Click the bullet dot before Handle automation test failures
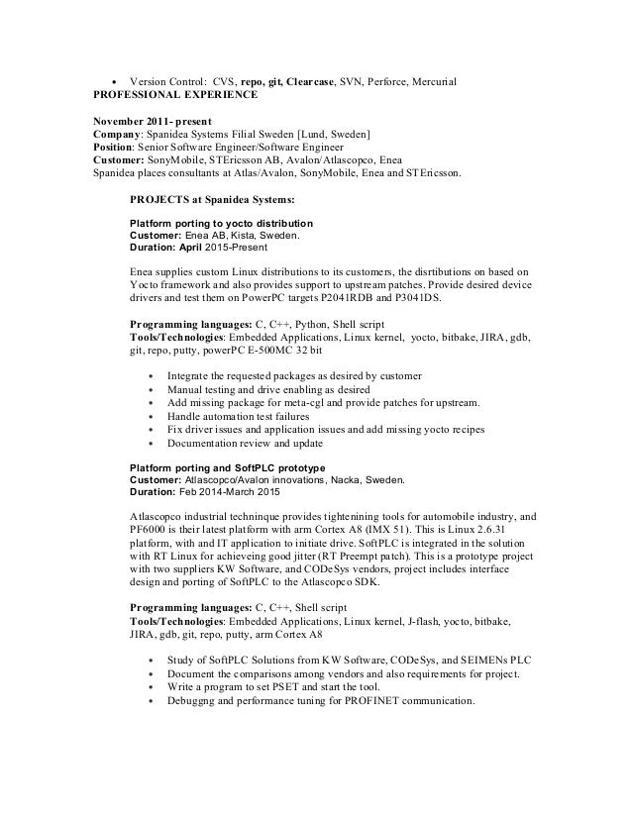(x=150, y=416)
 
